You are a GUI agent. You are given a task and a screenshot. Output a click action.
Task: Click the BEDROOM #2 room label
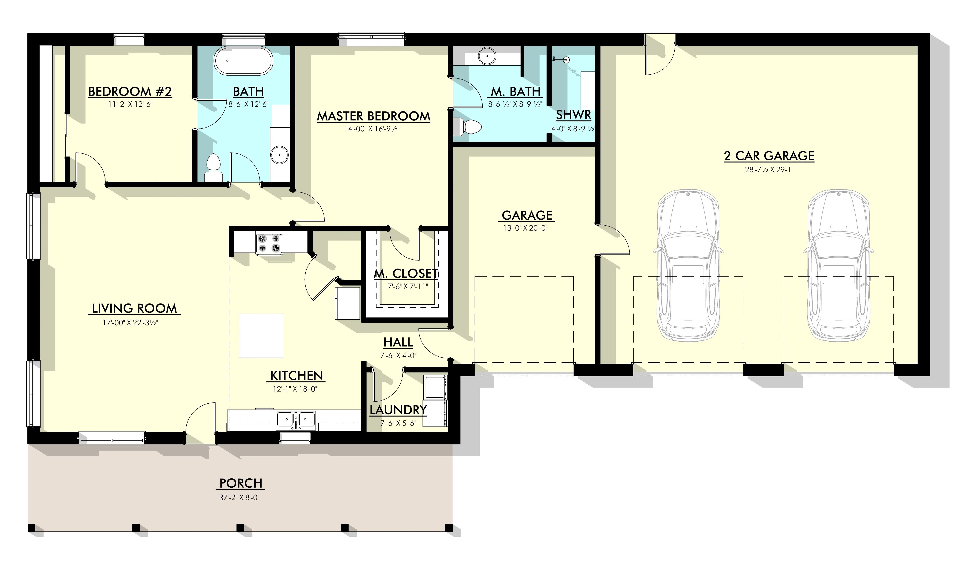point(130,92)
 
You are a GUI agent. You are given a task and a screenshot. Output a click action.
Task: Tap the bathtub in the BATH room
point(243,61)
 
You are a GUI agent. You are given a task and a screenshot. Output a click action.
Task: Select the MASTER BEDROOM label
point(374,116)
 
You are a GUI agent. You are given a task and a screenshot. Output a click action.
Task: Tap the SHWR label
point(573,115)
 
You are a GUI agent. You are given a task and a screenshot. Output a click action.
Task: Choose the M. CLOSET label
point(406,274)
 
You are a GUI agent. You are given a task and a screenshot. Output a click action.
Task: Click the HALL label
point(398,343)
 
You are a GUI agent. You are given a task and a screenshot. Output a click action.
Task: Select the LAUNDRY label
point(398,410)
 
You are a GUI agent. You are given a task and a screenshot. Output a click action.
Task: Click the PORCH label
point(241,483)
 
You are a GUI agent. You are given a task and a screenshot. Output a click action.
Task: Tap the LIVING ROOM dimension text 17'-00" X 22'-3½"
point(130,323)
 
